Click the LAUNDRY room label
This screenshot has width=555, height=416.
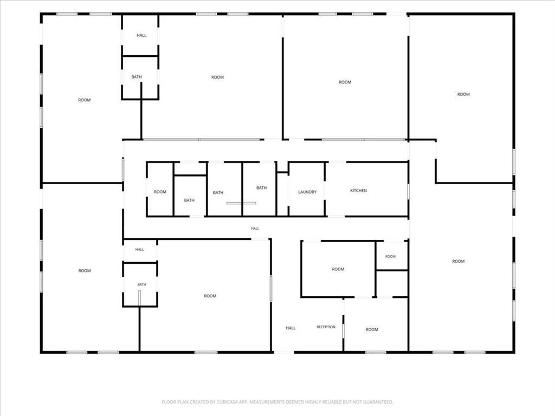pos(307,192)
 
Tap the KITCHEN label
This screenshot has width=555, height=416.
pos(359,191)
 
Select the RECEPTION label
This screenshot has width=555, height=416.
pos(326,327)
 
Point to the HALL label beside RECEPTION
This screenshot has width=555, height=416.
pos(291,328)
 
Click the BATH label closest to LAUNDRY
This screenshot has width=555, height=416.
pos(262,188)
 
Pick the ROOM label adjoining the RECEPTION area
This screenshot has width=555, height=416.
pos(372,329)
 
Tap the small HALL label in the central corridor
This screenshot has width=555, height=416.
pos(255,229)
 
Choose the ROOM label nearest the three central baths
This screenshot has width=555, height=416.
pos(160,192)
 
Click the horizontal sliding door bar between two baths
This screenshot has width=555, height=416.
pos(241,203)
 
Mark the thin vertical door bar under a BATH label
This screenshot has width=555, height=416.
pos(139,298)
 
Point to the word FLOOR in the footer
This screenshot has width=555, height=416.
pos(169,402)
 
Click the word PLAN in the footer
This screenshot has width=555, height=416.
pos(182,402)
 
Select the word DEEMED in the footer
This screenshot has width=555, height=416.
pos(294,402)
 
